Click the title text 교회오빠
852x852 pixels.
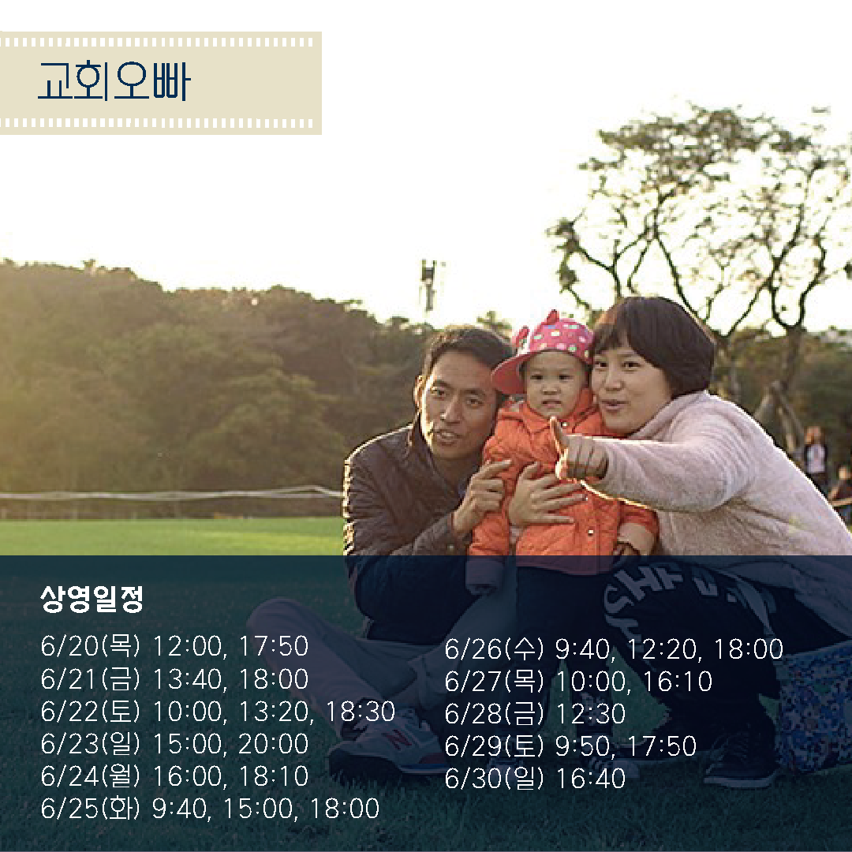pos(114,81)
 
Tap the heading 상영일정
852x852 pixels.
pos(92,599)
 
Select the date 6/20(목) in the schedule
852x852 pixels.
pos(90,646)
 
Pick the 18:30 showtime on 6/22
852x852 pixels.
pos(361,712)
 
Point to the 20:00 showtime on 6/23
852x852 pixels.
pos(273,743)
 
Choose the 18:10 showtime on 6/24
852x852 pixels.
pos(274,775)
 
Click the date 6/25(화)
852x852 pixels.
pos(90,808)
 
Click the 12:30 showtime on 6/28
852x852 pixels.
pos(591,713)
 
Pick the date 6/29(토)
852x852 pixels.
pos(494,745)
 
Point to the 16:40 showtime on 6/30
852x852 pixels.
pos(591,778)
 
